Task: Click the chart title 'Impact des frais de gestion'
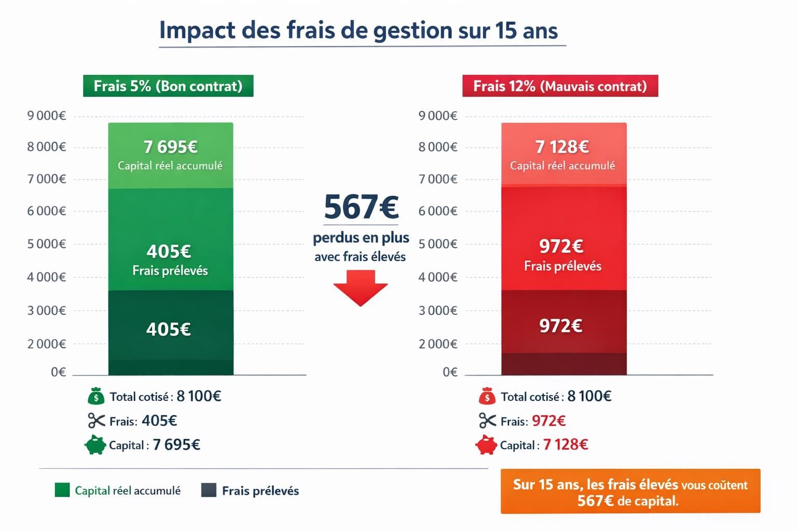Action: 358,31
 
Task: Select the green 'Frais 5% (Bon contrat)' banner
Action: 168,86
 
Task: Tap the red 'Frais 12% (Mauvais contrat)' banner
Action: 560,86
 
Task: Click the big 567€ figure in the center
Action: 361,207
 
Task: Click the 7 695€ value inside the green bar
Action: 170,147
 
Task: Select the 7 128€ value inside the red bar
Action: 562,147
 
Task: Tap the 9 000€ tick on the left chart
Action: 47,116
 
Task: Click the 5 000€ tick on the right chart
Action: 438,244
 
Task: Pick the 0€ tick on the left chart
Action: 58,372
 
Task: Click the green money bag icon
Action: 96,397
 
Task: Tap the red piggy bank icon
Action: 486,445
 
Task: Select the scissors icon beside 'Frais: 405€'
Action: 96,421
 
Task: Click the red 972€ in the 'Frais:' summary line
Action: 548,421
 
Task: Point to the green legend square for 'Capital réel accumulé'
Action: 62,490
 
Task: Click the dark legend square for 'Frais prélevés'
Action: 209,490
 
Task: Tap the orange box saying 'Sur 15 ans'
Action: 630,492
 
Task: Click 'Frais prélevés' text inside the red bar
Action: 562,267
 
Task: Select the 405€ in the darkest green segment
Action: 168,329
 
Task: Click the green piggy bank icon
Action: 95,445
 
